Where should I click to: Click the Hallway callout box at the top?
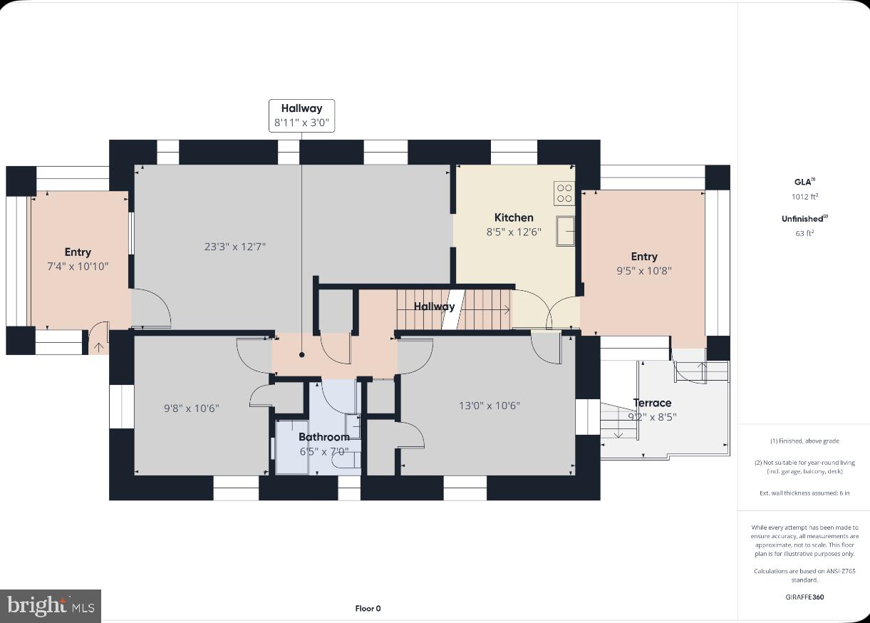[x=301, y=115]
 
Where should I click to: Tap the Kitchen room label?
[x=514, y=217]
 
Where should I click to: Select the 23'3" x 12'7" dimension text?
[x=235, y=247]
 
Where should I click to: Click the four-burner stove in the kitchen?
[x=564, y=193]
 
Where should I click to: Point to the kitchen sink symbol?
[x=565, y=230]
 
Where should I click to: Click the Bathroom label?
[x=323, y=437]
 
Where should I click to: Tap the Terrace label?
[x=652, y=403]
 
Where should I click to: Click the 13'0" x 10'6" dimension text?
[x=489, y=406]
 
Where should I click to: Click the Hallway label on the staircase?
[x=434, y=307]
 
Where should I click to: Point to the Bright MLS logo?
[x=50, y=606]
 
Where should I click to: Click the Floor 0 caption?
[x=368, y=608]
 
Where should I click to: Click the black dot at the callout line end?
[x=301, y=354]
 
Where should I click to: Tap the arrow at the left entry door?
[x=98, y=347]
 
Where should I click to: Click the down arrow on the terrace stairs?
[x=618, y=433]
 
